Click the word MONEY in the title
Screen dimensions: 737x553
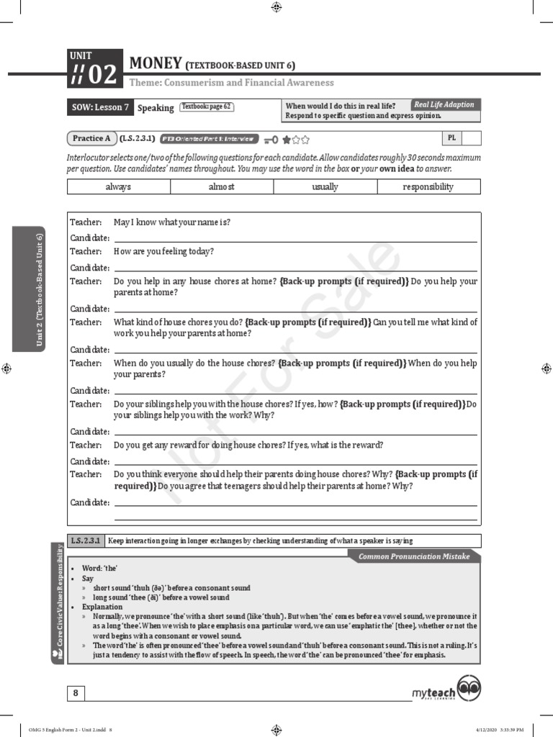(155, 64)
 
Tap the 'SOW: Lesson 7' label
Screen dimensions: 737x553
(100, 107)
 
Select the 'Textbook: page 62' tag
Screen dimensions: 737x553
(207, 107)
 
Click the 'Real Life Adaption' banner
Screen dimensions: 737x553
(444, 104)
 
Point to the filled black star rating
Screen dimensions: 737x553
(287, 140)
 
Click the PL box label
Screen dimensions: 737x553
(451, 137)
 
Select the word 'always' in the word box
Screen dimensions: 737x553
(118, 186)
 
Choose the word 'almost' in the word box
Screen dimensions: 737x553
(222, 186)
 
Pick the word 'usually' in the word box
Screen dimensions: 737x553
(325, 186)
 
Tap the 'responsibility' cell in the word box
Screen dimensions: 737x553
(428, 186)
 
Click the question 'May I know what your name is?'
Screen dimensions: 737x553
(172, 222)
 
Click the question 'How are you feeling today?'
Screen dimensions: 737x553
(163, 251)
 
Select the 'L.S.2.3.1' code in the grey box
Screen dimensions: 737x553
(86, 541)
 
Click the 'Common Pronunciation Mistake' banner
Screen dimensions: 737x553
(414, 556)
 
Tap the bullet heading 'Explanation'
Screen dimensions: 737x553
(102, 607)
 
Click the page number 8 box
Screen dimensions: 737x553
(76, 693)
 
